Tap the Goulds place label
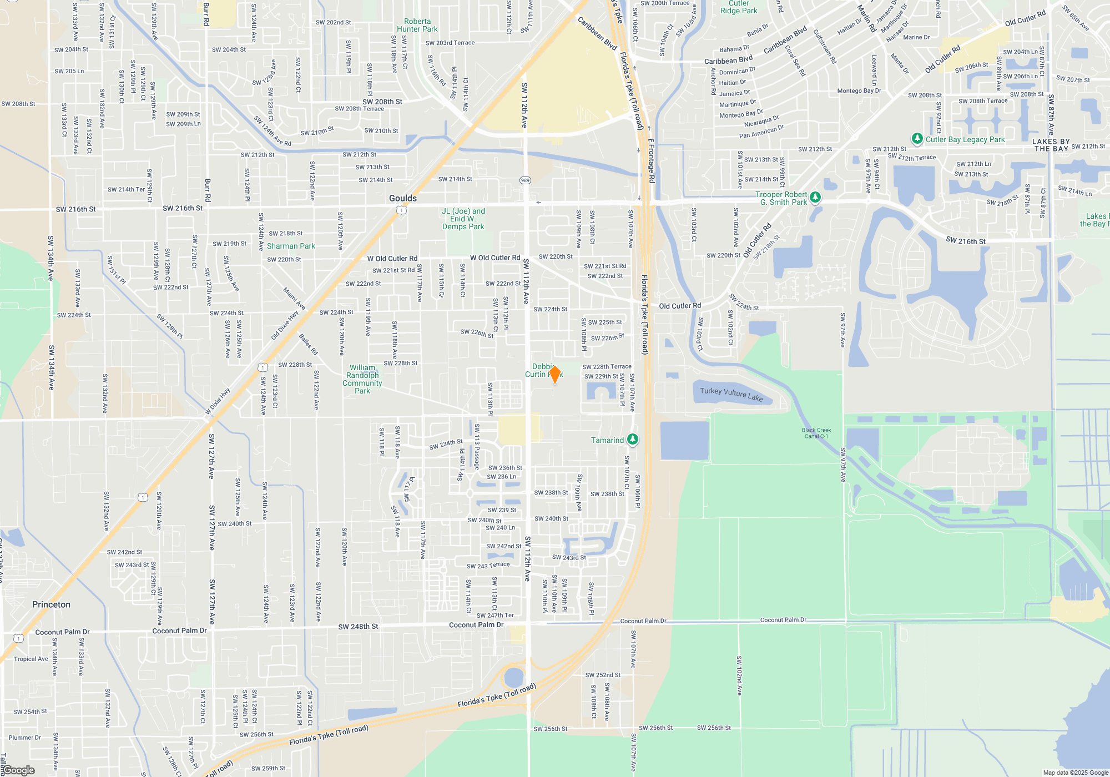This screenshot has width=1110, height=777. (402, 198)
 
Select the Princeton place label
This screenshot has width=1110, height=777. (51, 604)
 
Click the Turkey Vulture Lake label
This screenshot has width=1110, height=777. (731, 394)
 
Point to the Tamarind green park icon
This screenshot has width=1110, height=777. (632, 440)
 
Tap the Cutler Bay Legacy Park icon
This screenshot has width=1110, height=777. (917, 138)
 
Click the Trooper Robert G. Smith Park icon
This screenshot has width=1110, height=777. (815, 197)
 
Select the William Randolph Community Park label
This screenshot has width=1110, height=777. (362, 379)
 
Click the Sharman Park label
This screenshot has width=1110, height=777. (291, 246)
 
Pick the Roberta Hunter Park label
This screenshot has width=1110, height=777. (417, 25)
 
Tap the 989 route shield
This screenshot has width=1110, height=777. (525, 180)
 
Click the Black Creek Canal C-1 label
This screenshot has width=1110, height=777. (816, 433)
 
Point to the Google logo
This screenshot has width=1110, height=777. (19, 770)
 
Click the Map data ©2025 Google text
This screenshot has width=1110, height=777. (1076, 773)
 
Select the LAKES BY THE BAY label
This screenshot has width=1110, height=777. (1051, 145)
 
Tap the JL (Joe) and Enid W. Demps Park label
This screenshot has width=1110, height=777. (463, 219)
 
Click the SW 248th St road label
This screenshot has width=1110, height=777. (358, 627)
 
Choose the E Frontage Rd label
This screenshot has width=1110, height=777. (652, 161)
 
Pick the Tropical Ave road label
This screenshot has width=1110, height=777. (31, 659)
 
